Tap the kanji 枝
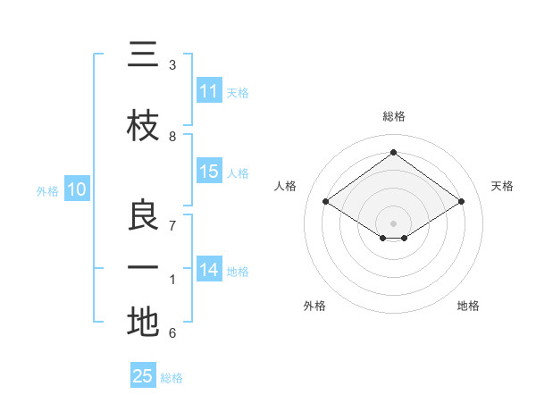(143, 127)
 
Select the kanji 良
(143, 214)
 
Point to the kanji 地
(143, 322)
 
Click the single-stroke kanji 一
(143, 267)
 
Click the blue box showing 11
(209, 91)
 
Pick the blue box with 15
(209, 172)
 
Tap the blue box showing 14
(209, 270)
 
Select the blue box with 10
(77, 189)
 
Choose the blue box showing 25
(143, 376)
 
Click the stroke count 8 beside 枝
(172, 136)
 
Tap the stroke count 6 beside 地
(172, 333)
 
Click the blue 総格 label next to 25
(172, 378)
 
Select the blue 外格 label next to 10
(47, 190)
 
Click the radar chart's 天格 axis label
(502, 186)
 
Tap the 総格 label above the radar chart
(393, 116)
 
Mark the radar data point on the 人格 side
(326, 202)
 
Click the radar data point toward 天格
(461, 202)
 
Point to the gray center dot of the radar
(393, 222)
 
